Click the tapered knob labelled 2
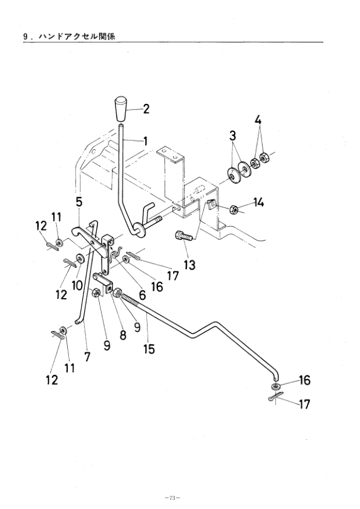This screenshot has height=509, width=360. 122,108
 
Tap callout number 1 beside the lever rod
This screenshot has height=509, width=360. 145,141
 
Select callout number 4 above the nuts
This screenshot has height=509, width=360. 258,120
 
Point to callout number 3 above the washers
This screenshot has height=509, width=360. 232,135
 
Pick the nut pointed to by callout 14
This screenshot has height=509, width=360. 235,209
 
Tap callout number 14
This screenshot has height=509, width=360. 258,203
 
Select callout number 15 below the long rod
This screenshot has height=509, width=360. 149,349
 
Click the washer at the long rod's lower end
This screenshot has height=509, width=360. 276,386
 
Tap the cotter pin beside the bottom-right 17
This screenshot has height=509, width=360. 276,397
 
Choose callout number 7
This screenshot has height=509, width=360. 87,357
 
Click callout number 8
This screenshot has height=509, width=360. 123,334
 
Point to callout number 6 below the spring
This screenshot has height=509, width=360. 142,295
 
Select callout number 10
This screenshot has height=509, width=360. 77,286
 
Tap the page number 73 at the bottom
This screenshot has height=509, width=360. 172,498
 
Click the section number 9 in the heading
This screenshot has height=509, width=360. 25,37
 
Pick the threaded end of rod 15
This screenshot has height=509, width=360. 130,298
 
